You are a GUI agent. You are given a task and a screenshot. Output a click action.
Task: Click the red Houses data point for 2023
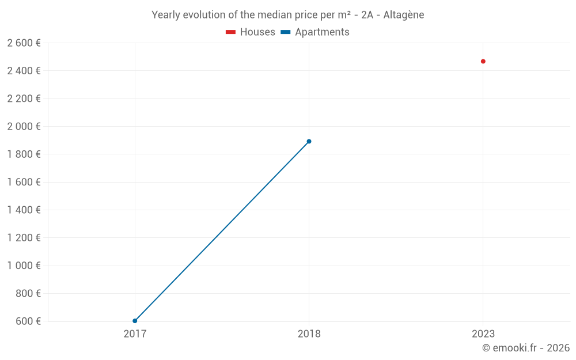[483, 62]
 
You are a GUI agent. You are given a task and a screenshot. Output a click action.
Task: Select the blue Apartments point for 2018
[309, 142]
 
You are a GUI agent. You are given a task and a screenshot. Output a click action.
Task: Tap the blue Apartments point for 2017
[135, 321]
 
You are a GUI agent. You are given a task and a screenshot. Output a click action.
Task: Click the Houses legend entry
[250, 32]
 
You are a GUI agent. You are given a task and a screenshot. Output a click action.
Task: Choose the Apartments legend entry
[315, 32]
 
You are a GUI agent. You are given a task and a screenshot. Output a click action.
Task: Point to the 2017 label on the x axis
[135, 334]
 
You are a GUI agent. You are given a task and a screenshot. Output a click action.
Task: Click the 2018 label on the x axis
[309, 334]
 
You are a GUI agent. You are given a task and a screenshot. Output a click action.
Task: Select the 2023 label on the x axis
[483, 334]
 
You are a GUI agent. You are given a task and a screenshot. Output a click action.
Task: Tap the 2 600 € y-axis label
[24, 43]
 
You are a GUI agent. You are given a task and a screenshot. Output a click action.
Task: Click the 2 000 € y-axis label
[24, 126]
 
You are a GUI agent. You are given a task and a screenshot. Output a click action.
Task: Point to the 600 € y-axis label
[28, 321]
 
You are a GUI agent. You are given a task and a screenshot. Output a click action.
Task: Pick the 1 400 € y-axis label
[24, 210]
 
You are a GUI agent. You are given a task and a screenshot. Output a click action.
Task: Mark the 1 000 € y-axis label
[24, 266]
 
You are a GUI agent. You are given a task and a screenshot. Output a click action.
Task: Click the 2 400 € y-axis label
[24, 70]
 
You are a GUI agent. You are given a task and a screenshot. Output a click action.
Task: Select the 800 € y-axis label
[28, 293]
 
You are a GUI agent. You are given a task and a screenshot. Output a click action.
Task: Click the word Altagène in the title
[403, 15]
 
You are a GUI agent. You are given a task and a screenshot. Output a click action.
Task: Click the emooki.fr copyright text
[526, 347]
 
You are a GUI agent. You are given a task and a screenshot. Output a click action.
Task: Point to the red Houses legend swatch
[230, 32]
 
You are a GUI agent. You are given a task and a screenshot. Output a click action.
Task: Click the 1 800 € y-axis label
[24, 154]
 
